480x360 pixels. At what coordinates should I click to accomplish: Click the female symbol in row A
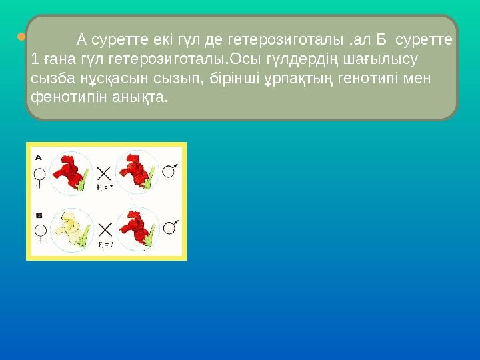tap(40, 177)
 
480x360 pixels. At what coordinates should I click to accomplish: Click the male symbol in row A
tap(171, 171)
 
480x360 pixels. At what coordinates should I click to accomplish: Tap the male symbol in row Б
tap(171, 227)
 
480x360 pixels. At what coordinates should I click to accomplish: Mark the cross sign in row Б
tap(104, 231)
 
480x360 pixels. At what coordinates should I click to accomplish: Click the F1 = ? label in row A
tap(105, 189)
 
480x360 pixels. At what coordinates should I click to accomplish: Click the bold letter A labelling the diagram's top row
tap(39, 157)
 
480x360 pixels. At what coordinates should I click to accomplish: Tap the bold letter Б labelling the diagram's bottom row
tap(39, 215)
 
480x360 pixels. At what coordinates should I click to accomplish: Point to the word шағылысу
tap(387, 59)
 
